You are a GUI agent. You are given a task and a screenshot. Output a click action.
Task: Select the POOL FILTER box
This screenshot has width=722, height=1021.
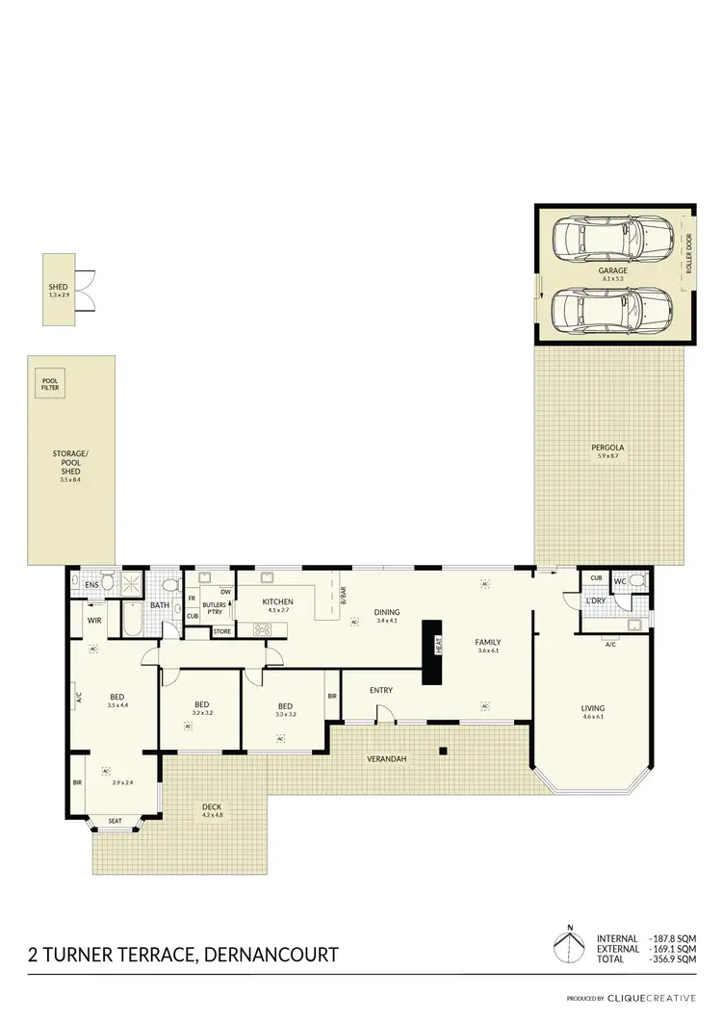50,385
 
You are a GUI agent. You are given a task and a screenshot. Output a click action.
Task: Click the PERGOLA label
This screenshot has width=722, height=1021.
606,448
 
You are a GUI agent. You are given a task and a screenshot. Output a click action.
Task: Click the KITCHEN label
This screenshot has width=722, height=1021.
277,602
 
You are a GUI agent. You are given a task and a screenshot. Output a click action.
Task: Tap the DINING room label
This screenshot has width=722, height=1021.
387,612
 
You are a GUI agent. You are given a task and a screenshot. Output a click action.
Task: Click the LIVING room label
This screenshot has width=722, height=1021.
592,709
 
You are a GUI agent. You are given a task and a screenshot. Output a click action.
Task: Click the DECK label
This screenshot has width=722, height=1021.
212,807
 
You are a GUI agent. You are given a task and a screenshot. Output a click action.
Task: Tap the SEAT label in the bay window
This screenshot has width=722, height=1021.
115,820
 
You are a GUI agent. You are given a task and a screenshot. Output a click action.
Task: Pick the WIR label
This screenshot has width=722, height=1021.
94,621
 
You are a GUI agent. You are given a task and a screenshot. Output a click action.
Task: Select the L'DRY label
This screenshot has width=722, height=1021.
595,601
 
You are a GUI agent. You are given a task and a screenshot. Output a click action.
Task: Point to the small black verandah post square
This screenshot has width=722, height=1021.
442,751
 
